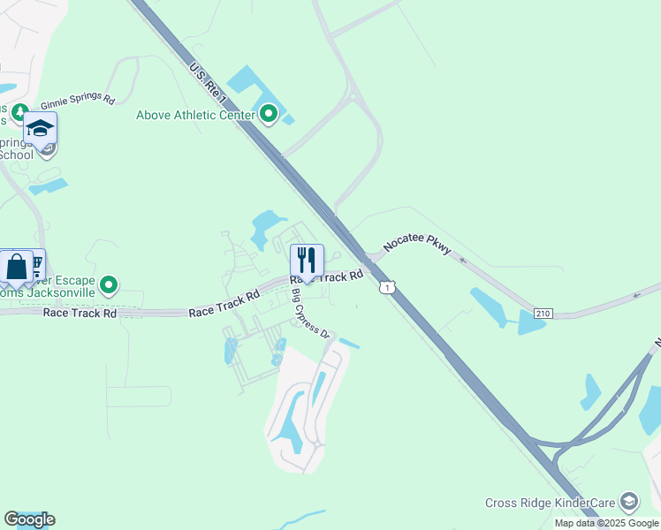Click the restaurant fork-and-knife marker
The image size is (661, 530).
[307, 260]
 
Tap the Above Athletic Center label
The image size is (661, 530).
[195, 115]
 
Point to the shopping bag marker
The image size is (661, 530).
[17, 266]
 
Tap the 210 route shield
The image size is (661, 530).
[543, 314]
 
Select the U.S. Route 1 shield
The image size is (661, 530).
[386, 287]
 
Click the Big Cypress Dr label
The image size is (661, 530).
[310, 314]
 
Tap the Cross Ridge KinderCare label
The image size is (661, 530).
[550, 503]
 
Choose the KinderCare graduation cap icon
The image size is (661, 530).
[628, 502]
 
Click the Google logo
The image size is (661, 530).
[29, 519]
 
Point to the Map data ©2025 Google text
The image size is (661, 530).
[605, 523]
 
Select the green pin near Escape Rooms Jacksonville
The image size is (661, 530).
[109, 284]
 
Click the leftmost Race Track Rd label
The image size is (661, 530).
[80, 313]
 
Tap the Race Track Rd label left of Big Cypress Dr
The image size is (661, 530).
[224, 303]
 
